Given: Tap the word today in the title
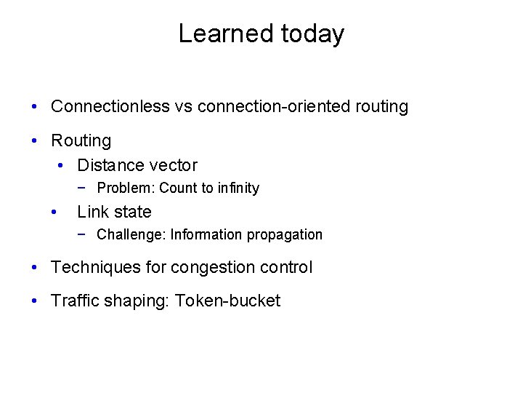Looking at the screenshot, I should click(312, 34).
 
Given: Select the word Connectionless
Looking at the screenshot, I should click(110, 106).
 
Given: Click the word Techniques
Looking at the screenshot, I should click(96, 267).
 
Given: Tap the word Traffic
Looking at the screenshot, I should click(74, 301).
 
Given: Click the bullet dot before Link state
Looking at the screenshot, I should click(54, 212).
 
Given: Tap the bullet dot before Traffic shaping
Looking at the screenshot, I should click(36, 301).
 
